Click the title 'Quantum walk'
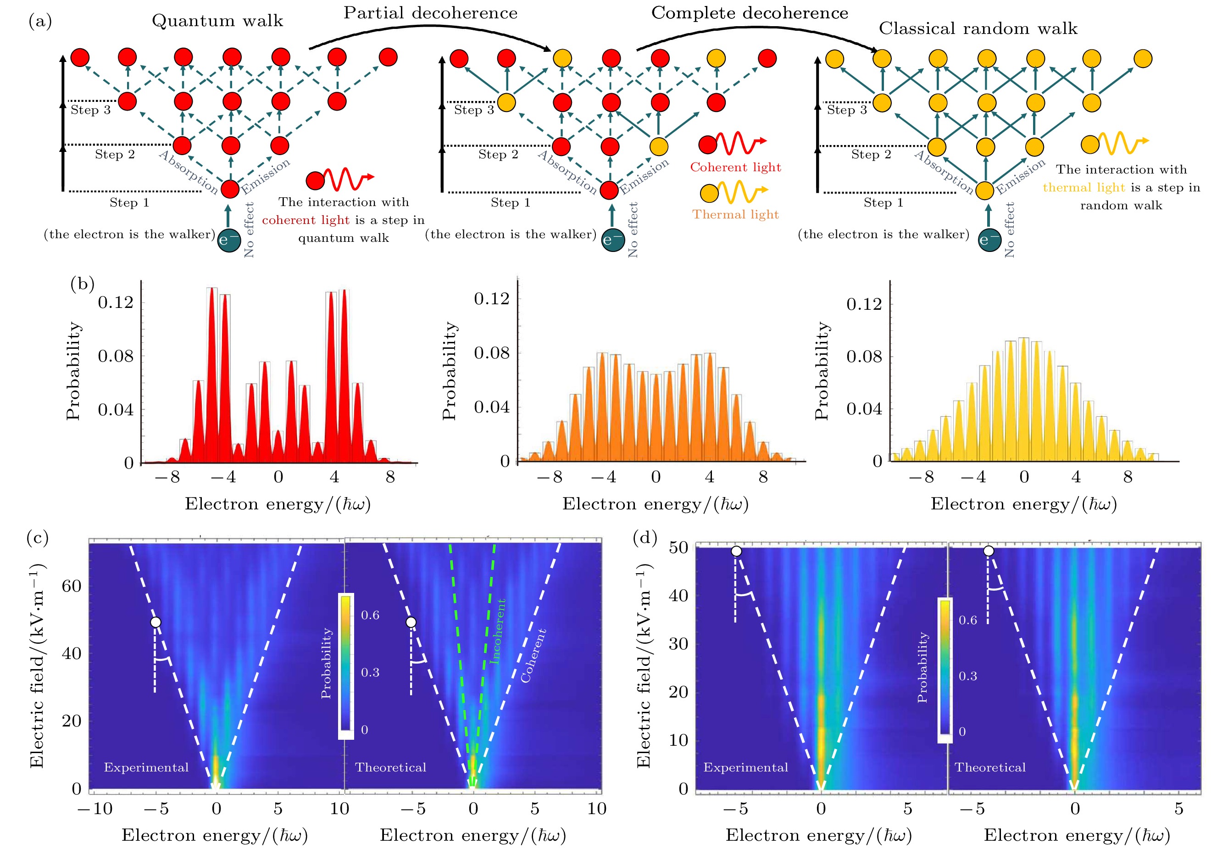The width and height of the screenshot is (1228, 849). tap(217, 21)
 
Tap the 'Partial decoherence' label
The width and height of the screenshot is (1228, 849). tap(430, 13)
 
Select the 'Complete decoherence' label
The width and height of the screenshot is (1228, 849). tap(750, 13)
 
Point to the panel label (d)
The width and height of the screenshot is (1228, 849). tap(645, 538)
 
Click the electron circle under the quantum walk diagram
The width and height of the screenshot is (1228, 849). tap(229, 240)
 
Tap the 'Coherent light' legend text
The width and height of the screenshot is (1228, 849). tap(735, 167)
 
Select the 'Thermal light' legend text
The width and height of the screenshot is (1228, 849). tap(735, 214)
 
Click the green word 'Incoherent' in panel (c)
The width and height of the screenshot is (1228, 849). tap(497, 631)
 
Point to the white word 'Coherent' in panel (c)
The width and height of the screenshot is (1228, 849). tap(533, 655)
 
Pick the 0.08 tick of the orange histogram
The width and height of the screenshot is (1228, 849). tap(491, 353)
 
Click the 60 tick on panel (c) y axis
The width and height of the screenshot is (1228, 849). tap(72, 586)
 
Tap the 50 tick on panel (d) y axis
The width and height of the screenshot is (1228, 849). tap(678, 547)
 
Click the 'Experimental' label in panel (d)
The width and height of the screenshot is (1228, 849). tap(746, 767)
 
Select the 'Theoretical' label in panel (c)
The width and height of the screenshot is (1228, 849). tap(391, 767)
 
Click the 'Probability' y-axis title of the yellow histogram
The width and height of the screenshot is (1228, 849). tap(821, 371)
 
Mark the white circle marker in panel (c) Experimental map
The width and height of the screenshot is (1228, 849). tap(156, 622)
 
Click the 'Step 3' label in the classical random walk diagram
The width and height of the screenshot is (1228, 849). tap(847, 110)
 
